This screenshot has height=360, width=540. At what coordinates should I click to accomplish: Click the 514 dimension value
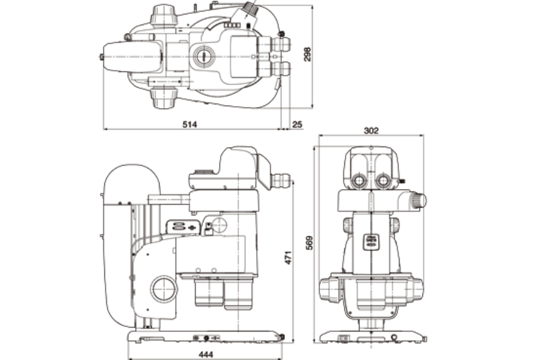coord(190,124)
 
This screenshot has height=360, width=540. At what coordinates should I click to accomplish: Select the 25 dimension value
coord(297,124)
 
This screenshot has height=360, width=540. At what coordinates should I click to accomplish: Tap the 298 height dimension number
coord(307,54)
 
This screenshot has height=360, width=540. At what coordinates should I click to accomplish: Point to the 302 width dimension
coord(371,131)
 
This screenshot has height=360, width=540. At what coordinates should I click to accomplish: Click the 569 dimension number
coord(310,243)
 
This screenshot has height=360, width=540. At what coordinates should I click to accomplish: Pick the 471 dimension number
coord(288,257)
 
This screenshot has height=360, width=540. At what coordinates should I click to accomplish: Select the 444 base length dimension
coord(206,354)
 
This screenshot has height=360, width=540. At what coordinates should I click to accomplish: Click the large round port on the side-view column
coord(164,289)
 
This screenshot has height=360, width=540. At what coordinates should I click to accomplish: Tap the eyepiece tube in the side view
coord(281,181)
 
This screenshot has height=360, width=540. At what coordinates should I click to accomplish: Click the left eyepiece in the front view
coord(359,180)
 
